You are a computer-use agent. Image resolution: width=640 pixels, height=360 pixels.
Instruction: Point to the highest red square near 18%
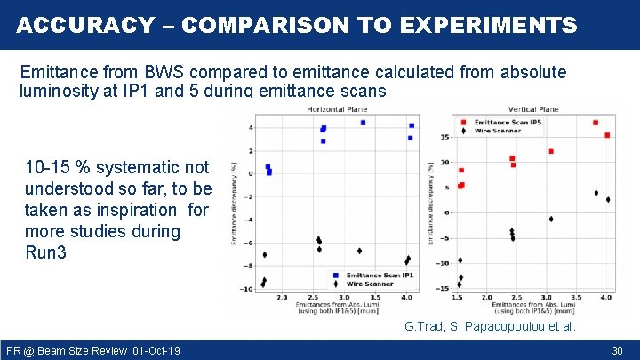[x=595, y=123]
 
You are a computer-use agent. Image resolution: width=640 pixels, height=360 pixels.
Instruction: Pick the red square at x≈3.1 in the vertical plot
[x=551, y=151]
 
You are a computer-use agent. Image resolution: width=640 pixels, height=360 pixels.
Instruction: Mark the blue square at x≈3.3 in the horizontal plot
[x=363, y=123]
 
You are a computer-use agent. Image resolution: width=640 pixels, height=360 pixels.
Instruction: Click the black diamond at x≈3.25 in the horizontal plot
[x=359, y=251]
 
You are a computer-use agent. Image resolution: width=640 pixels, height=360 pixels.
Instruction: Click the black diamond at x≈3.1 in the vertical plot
[x=551, y=219]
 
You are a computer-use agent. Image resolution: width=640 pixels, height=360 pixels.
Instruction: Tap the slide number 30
[x=617, y=351]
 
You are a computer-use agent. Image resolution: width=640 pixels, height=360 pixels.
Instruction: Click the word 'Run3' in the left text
[x=45, y=252]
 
